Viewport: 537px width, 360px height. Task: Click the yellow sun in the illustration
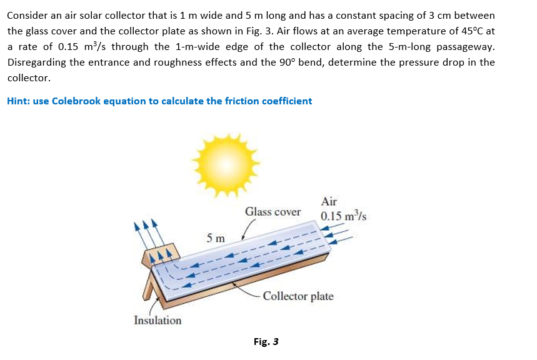coord(226,164)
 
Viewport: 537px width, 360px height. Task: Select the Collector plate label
coord(298,296)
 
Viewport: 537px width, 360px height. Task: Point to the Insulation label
coord(158,321)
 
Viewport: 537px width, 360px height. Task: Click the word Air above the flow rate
coord(328,201)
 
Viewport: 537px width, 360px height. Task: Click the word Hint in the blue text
coord(18,101)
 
